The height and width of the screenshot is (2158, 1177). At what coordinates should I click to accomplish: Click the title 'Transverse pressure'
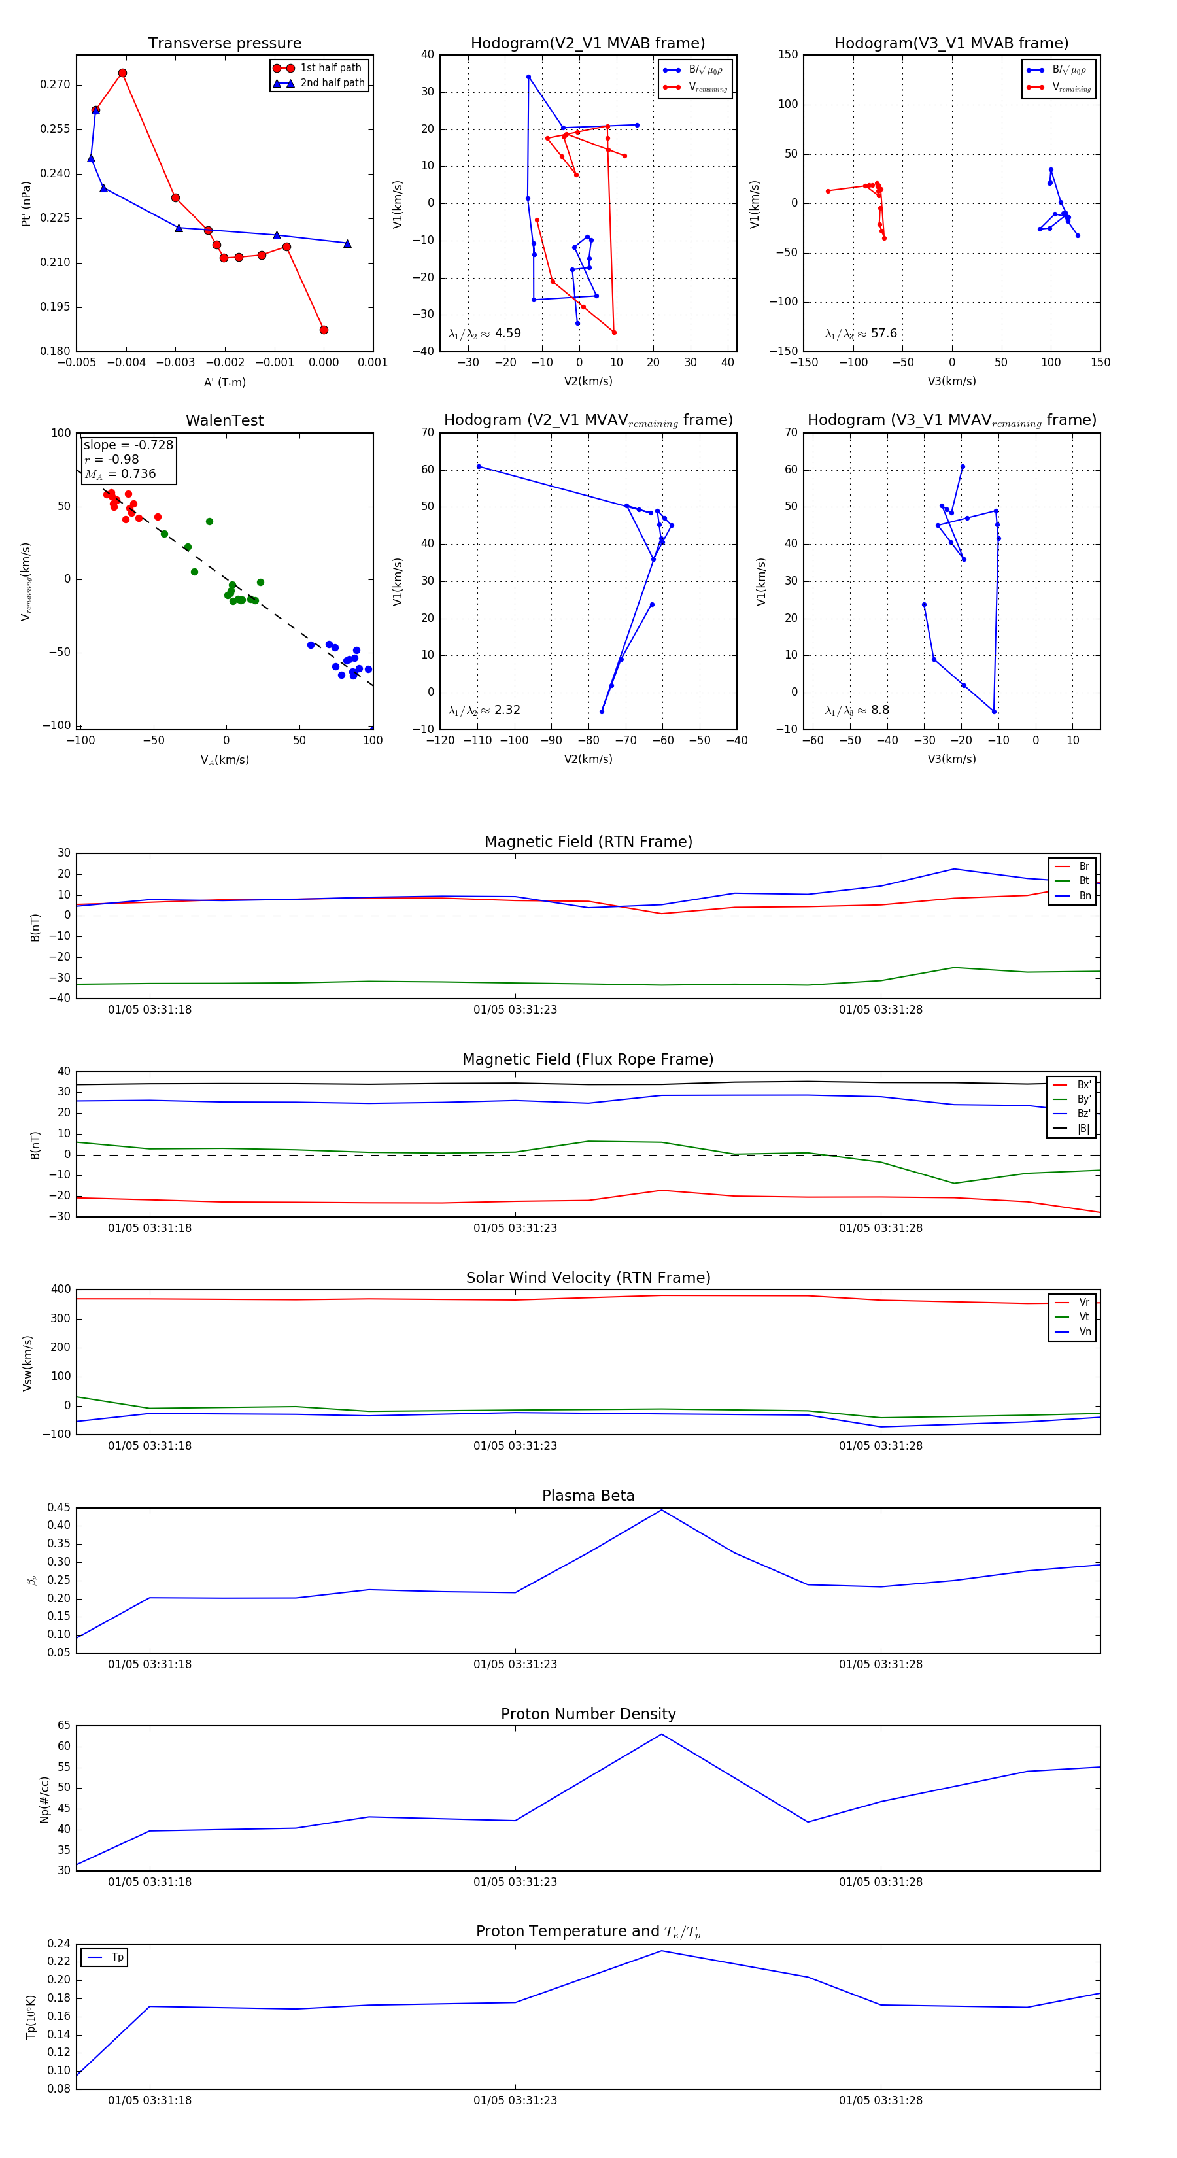point(224,44)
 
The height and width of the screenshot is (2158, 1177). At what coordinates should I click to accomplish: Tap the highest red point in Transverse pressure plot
point(122,73)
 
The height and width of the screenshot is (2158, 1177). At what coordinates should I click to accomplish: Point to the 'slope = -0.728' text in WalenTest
point(128,445)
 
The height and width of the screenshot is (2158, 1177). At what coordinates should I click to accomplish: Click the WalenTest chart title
point(224,420)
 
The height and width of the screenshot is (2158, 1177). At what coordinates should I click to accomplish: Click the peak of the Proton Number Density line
point(662,1734)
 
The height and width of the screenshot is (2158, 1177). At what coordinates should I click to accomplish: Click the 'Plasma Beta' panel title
point(588,1496)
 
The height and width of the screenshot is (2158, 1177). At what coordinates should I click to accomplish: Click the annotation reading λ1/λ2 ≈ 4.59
point(484,334)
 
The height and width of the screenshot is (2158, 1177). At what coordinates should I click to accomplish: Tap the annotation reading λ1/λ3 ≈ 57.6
point(861,334)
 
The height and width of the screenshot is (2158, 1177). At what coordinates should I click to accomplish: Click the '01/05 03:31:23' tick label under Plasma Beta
point(515,1664)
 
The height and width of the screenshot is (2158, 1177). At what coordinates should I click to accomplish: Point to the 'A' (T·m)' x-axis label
point(224,382)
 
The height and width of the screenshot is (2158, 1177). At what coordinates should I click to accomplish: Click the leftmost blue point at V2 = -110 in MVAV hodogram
point(479,467)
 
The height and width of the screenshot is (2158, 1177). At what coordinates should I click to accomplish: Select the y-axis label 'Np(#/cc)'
point(44,1800)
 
